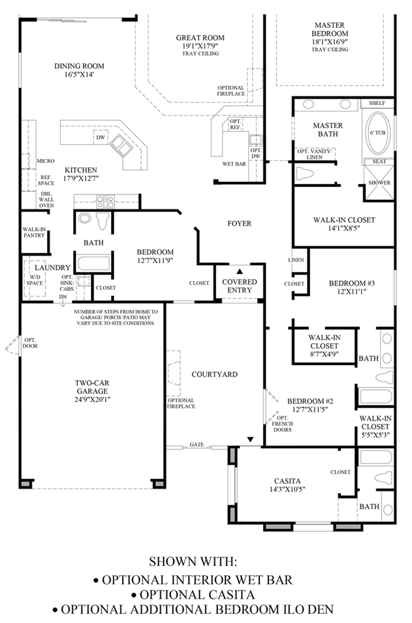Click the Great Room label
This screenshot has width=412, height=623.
click(200, 38)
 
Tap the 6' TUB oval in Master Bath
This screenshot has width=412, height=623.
click(377, 133)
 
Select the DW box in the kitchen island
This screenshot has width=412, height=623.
click(101, 137)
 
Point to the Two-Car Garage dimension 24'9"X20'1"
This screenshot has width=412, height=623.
click(92, 399)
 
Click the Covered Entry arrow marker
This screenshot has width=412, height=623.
click(240, 271)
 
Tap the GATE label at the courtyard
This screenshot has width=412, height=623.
click(197, 445)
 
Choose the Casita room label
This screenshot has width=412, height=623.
click(288, 481)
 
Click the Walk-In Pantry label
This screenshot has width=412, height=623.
click(34, 232)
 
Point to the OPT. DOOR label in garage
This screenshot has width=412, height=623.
click(30, 343)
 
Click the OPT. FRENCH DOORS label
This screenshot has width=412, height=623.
click(282, 424)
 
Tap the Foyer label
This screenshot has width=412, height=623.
click(239, 223)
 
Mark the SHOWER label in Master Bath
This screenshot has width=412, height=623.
click(379, 183)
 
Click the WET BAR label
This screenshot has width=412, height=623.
click(234, 164)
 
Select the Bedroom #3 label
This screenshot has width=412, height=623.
click(352, 283)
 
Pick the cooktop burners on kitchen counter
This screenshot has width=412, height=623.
click(105, 201)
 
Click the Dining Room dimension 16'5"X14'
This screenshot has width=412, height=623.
click(79, 74)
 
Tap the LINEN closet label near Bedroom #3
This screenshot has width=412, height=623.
click(296, 260)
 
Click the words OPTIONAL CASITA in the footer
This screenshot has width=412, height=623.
click(197, 595)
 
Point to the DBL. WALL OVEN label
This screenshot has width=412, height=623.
click(46, 199)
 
